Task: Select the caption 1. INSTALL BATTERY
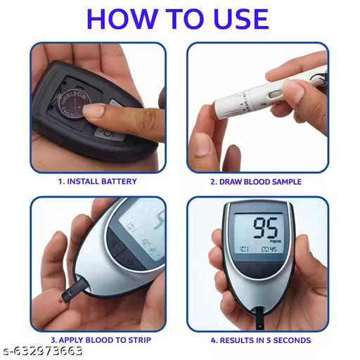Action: tap(98, 181)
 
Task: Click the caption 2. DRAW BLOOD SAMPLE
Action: tap(256, 181)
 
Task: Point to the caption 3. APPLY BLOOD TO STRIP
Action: tap(98, 340)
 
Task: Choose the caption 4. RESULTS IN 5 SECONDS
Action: tap(260, 340)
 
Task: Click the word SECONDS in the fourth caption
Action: tap(290, 340)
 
